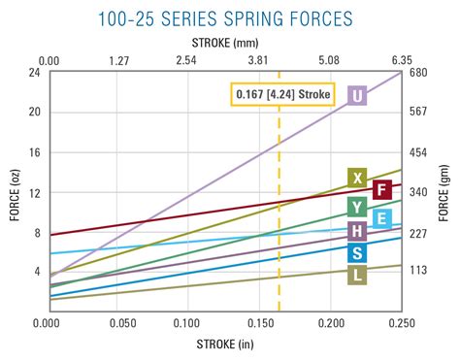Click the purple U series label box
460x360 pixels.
[357, 95]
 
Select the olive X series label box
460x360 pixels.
[357, 178]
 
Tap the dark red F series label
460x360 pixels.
[382, 189]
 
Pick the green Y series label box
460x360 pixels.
[357, 206]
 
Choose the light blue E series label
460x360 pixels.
[382, 218]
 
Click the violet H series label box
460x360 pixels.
[357, 230]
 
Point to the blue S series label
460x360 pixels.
[357, 253]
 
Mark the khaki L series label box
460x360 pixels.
[357, 276]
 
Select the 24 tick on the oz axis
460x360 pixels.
[34, 73]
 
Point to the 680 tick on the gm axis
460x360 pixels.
[419, 73]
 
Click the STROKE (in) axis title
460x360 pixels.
[225, 344]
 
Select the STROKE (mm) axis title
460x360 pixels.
[225, 42]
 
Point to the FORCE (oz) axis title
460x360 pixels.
[13, 191]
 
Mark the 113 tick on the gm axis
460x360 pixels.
[419, 271]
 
